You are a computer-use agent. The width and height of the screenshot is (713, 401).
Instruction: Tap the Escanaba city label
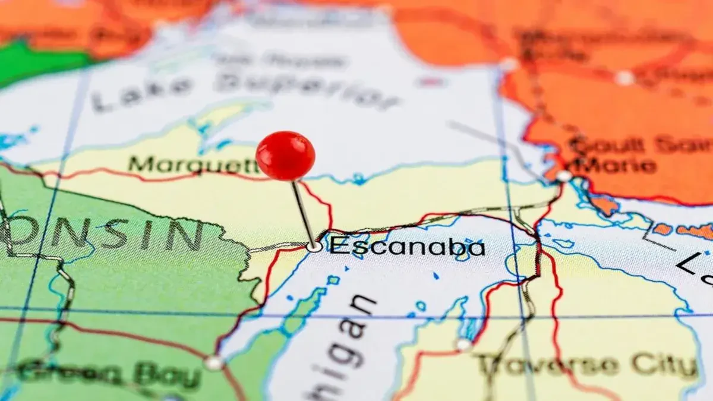tap(408, 247)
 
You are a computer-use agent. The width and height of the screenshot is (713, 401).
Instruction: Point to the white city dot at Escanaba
tap(314, 247)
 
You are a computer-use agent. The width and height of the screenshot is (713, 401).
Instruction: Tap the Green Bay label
tap(107, 374)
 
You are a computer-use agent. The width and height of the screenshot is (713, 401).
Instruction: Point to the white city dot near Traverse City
tap(463, 344)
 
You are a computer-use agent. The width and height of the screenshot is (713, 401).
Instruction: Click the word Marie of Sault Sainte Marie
tap(618, 165)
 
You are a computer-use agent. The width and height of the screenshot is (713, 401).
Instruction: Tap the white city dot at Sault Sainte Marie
tap(563, 176)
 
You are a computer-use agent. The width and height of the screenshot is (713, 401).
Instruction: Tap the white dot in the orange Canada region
tap(624, 78)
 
